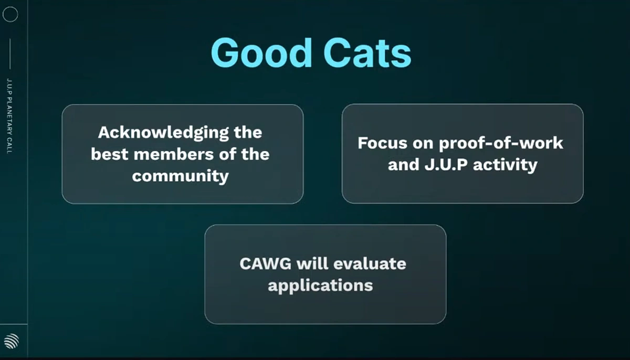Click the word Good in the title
pos(261,53)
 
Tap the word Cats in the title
pos(367,54)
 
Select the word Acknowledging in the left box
pos(163,133)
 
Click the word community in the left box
pos(180,177)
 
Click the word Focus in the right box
pos(382,143)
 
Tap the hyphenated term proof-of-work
pos(501,144)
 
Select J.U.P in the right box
pos(446,165)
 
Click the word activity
pos(505,165)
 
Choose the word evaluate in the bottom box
pos(370,263)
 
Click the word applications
pos(320,286)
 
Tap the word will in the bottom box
pos(312,263)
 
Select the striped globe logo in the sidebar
pos(12,341)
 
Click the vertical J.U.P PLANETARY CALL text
pos(9,116)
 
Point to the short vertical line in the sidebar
pos(10,54)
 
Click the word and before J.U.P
pos(404,165)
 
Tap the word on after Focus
pos(423,144)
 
